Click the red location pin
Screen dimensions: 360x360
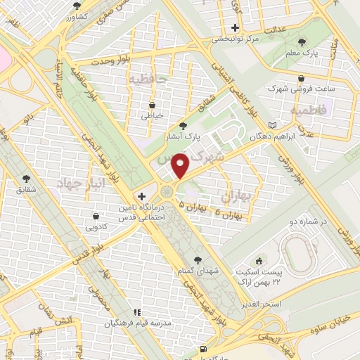point(181,166)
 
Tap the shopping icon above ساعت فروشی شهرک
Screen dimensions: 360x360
point(302,78)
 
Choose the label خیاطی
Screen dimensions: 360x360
point(152,115)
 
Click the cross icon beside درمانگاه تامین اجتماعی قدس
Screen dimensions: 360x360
point(142,196)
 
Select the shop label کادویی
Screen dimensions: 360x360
point(96,227)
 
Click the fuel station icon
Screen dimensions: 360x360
point(204,349)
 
